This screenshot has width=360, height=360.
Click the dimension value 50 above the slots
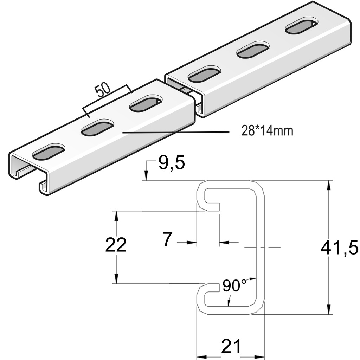click(x=102, y=91)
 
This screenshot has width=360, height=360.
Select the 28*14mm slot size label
click(x=267, y=131)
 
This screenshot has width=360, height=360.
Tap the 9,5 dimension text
click(x=171, y=163)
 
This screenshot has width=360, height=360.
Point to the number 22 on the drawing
click(x=116, y=245)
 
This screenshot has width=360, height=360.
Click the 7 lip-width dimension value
click(x=167, y=239)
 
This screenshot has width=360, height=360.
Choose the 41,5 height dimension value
click(x=339, y=248)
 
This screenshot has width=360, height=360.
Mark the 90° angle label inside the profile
click(x=234, y=285)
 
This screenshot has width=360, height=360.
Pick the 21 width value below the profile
click(x=231, y=347)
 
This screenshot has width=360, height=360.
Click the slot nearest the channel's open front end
click(x=49, y=151)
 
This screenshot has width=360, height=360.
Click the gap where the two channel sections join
click(x=190, y=92)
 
